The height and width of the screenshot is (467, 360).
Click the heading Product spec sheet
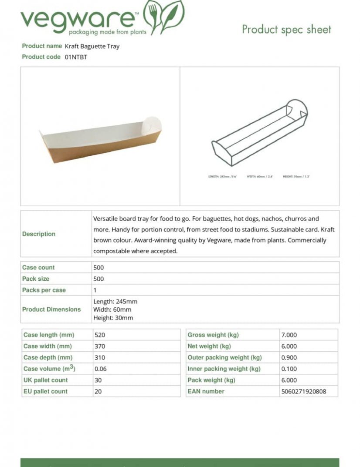[286, 30]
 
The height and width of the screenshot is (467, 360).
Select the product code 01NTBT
[76, 57]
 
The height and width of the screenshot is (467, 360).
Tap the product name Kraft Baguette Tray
[92, 46]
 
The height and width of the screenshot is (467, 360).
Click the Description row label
[39, 234]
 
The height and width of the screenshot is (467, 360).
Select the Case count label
[38, 268]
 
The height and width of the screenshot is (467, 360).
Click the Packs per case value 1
[95, 290]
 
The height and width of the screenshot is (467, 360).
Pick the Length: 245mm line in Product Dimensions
[115, 301]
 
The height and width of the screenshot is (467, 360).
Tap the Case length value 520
[100, 335]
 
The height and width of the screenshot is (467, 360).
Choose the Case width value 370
[100, 346]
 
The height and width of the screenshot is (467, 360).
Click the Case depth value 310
[100, 358]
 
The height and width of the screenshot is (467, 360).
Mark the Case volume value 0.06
[100, 369]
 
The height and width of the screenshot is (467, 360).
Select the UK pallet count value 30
[98, 380]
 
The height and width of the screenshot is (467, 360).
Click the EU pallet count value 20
[98, 392]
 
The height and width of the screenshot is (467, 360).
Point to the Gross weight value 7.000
[289, 335]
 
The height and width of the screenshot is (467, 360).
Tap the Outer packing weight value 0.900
[289, 358]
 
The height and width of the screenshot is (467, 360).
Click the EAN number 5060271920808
[303, 392]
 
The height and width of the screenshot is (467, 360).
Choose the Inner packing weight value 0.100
[289, 369]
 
